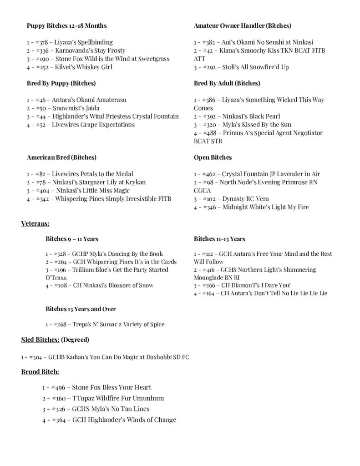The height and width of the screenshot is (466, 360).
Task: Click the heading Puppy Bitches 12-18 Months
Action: point(66,25)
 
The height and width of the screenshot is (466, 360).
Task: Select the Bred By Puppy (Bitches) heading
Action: point(61,83)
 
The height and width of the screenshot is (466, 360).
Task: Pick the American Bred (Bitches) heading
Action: point(61,157)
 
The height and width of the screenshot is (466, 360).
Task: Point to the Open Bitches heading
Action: point(213,157)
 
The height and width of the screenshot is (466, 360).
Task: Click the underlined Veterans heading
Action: point(35,223)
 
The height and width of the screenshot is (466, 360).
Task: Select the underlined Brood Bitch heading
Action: point(40,372)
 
